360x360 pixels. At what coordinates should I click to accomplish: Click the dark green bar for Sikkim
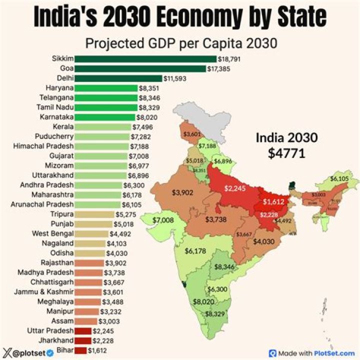[x=145, y=59]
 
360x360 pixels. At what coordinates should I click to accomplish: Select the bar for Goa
[x=140, y=68]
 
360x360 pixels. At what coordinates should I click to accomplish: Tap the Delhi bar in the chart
[x=118, y=78]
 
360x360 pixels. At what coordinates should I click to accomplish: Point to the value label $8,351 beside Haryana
[x=149, y=88]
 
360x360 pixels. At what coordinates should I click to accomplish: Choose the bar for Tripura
[x=94, y=214]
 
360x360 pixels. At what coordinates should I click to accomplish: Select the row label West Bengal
[x=52, y=233]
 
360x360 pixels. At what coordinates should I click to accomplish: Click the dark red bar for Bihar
[x=80, y=350]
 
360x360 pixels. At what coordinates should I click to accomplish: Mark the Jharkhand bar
[x=82, y=340]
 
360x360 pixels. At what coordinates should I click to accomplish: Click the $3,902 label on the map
[x=182, y=192]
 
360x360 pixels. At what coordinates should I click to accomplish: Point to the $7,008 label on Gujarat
[x=163, y=220]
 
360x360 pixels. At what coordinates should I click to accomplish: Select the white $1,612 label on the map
[x=274, y=202]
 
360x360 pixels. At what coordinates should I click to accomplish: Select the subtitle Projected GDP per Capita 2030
[x=181, y=43]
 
